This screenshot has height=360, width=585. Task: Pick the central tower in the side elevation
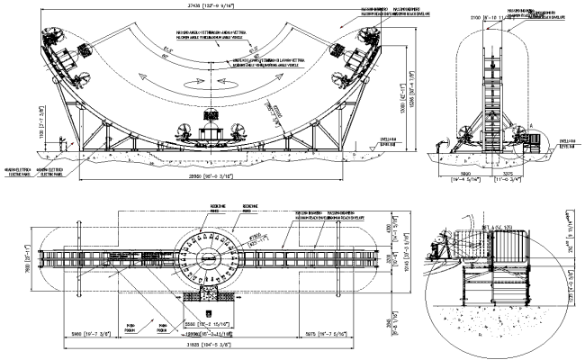[490, 99]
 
